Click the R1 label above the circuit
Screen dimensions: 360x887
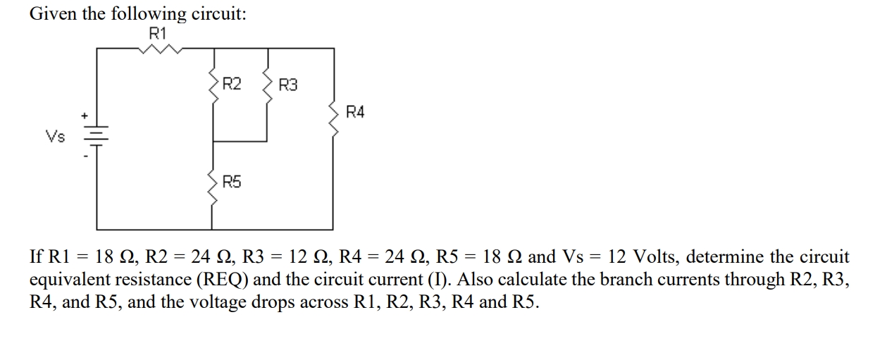(158, 32)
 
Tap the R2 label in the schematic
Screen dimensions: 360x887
(232, 85)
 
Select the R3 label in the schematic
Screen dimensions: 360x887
(288, 86)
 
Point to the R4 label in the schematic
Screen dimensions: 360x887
(356, 112)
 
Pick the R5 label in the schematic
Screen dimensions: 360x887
(232, 183)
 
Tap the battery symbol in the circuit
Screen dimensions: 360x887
(97, 136)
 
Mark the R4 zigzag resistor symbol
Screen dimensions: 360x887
(333, 120)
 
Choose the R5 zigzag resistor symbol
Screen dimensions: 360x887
(213, 187)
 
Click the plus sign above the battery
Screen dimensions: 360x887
(84, 115)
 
